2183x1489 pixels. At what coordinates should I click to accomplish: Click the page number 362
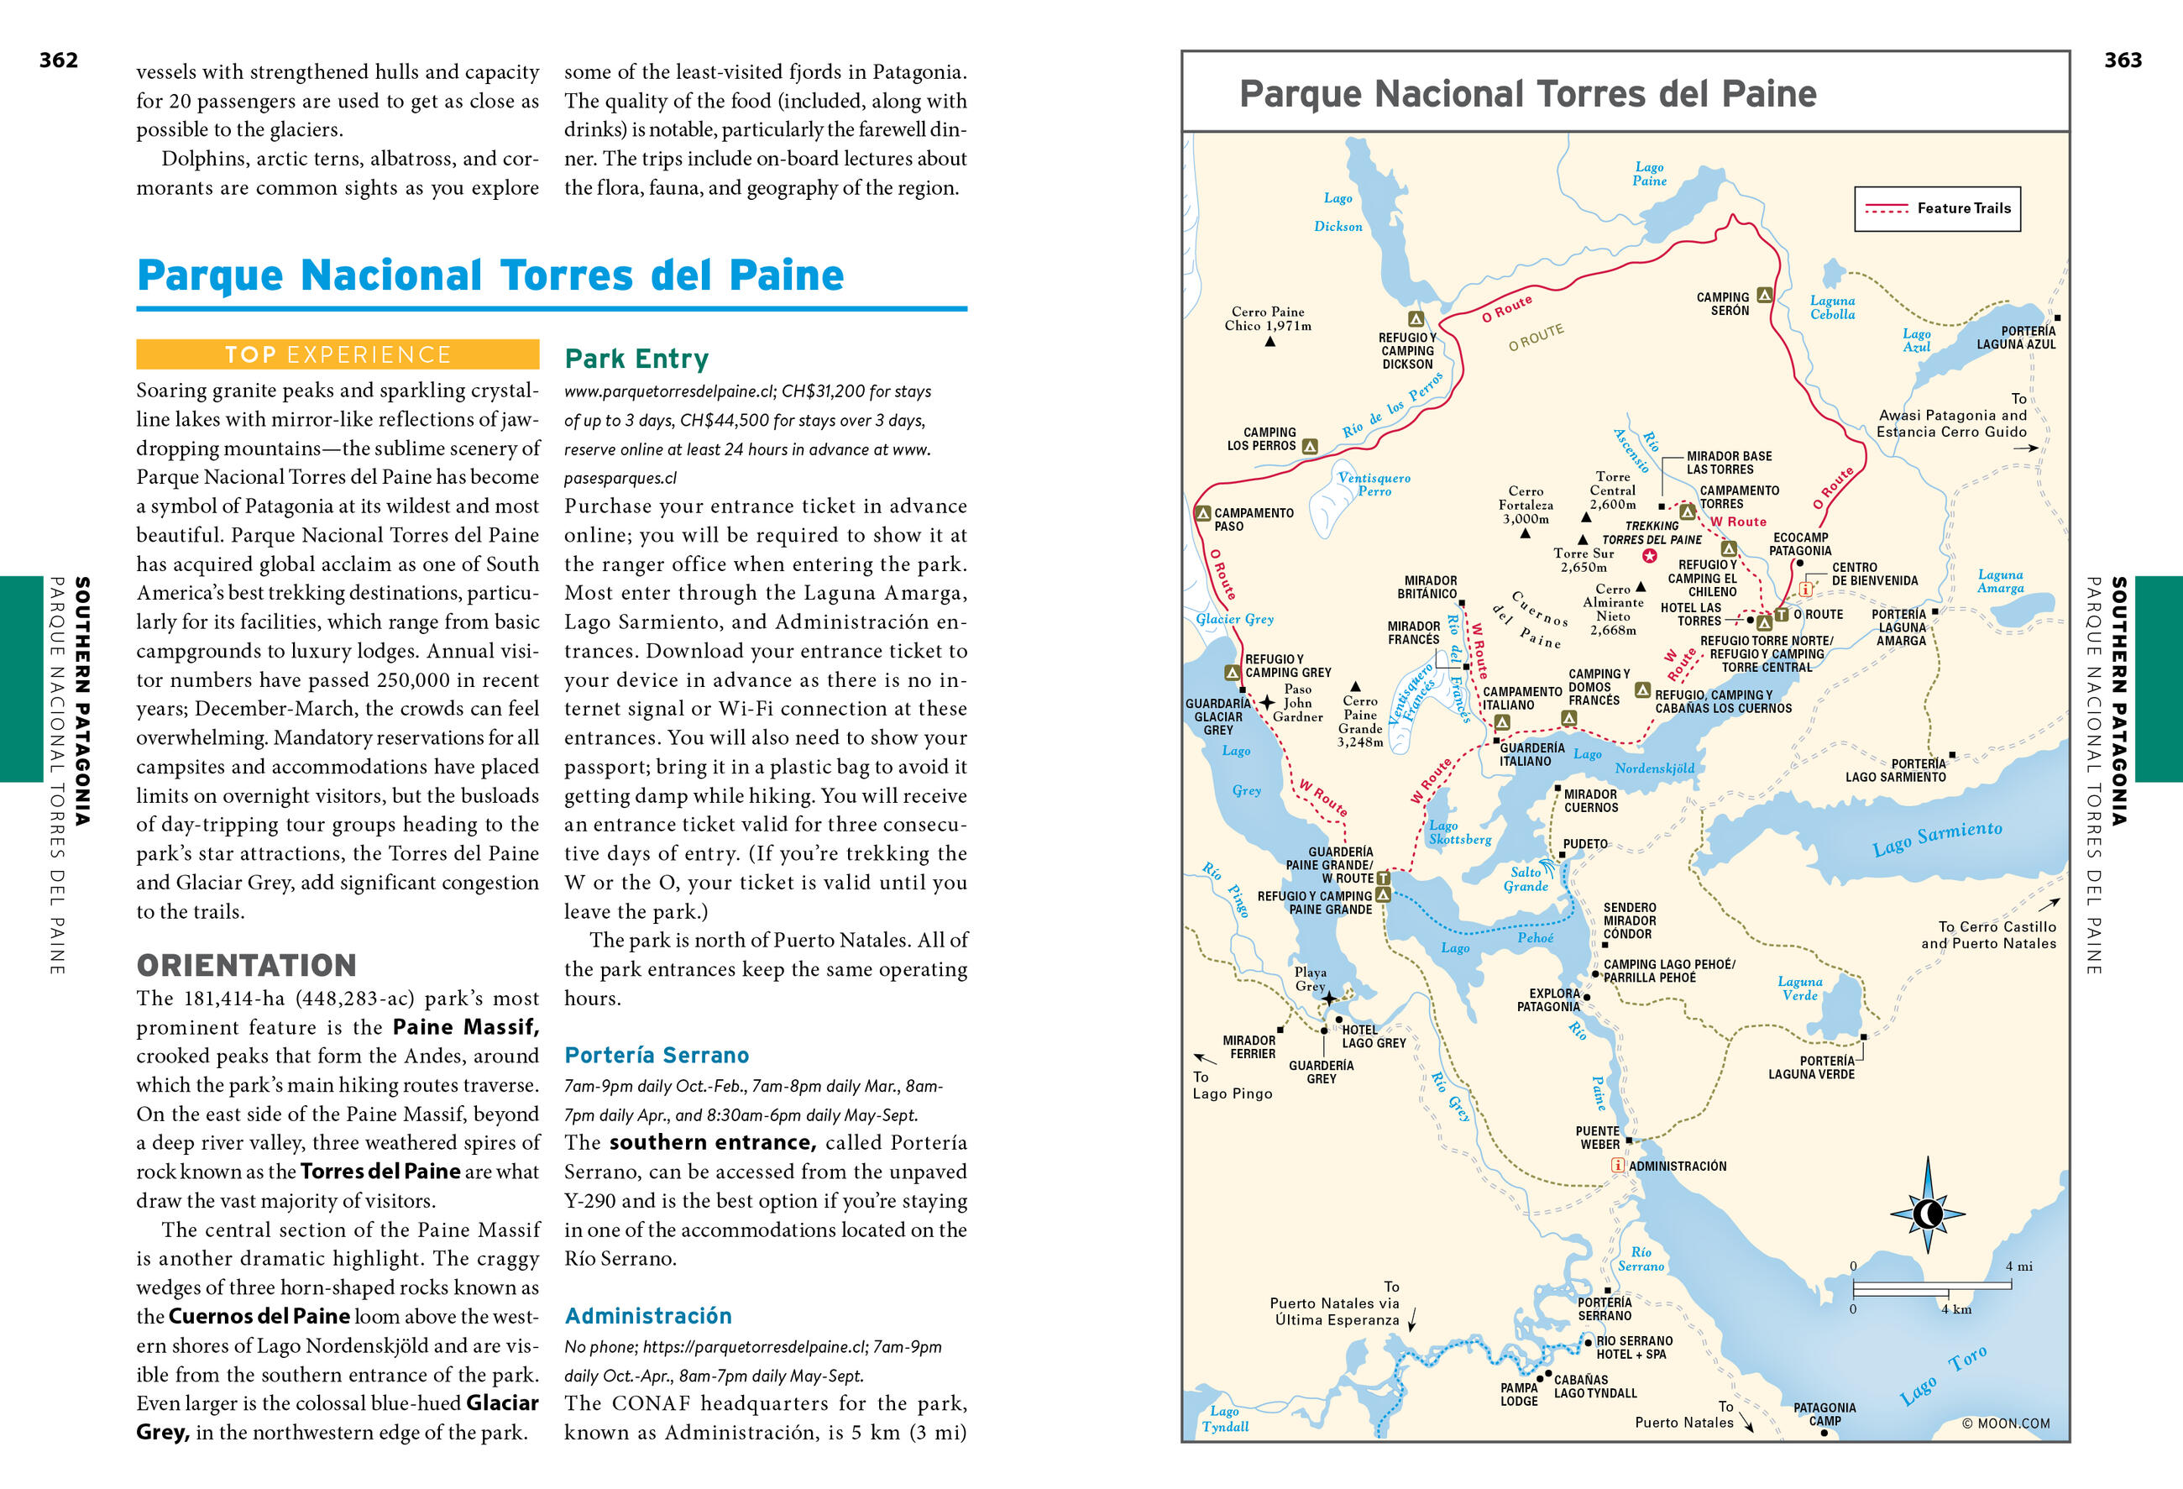click(x=58, y=60)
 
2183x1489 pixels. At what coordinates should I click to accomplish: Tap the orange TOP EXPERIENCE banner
click(x=338, y=354)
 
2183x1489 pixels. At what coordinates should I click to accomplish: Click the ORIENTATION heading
click(x=246, y=965)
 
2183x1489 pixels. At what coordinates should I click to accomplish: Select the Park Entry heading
click(x=636, y=358)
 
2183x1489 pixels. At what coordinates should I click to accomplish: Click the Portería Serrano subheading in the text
click(x=656, y=1054)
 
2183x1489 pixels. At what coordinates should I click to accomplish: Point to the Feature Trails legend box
click(x=1936, y=208)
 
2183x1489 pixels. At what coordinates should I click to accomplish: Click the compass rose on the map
click(x=1928, y=1213)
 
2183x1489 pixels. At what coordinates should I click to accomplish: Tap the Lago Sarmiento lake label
click(x=1936, y=837)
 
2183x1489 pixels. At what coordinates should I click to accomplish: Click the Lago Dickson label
click(x=1338, y=212)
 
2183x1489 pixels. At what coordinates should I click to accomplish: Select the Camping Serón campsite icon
click(x=1764, y=295)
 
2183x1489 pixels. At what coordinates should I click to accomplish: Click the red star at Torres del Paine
click(x=1650, y=555)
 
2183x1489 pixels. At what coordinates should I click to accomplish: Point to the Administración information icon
click(x=1618, y=1165)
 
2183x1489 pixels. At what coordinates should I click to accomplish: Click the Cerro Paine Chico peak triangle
click(x=1270, y=342)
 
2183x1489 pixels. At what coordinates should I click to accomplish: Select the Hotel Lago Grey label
click(x=1373, y=1036)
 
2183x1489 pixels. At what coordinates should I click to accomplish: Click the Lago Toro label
click(x=1941, y=1373)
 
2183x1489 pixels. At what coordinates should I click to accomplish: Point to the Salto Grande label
click(x=1526, y=878)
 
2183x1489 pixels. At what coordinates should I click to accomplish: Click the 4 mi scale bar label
click(x=2018, y=1266)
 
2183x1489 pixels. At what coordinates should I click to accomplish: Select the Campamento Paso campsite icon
click(x=1202, y=513)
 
